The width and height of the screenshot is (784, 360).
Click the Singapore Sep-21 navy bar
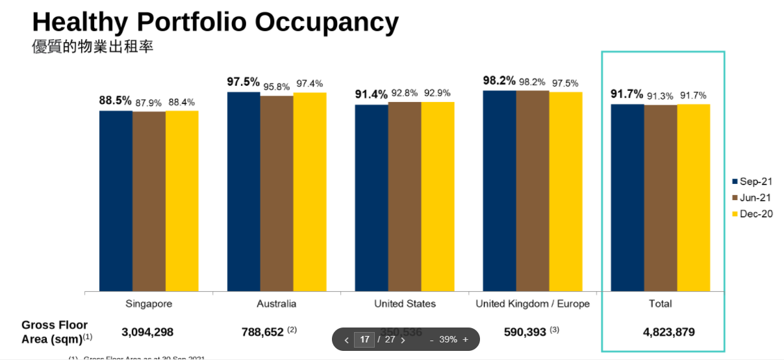[x=116, y=201]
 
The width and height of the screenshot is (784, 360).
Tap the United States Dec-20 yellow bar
[x=438, y=196]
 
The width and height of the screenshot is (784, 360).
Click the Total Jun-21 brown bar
[x=661, y=198]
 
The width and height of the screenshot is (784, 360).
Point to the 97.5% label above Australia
[x=243, y=82]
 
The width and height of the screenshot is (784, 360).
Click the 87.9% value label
[x=149, y=103]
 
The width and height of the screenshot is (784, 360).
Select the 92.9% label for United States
[x=437, y=93]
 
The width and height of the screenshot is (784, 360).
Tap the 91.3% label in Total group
[x=661, y=96]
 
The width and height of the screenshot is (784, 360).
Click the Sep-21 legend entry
[x=752, y=181]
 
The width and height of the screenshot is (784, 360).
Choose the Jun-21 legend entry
[x=752, y=198]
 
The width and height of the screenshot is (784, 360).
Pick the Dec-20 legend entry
[x=752, y=214]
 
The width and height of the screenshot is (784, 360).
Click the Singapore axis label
[x=149, y=303]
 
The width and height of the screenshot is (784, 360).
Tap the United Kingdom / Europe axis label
[x=533, y=303]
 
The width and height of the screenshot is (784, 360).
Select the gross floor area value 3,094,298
[x=147, y=332]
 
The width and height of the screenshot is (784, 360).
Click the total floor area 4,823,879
[x=668, y=332]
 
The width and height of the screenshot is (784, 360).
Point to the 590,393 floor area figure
[x=525, y=332]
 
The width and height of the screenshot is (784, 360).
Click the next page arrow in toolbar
[x=403, y=340]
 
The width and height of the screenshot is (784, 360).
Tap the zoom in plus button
[x=465, y=339]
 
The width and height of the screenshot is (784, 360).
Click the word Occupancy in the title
[x=326, y=22]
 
